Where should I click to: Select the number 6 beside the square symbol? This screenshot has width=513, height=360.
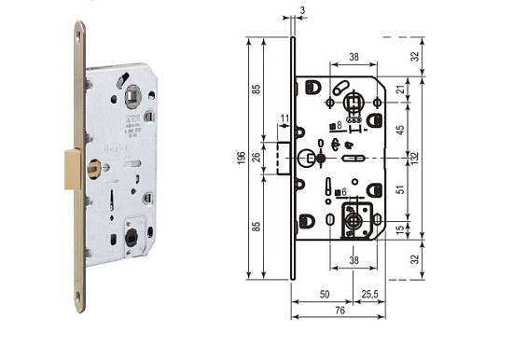pos(344,192)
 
